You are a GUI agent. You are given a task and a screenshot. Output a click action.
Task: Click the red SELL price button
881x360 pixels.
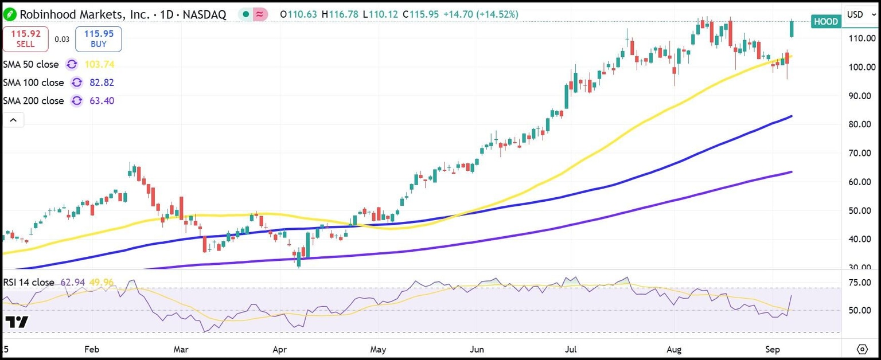[25, 39]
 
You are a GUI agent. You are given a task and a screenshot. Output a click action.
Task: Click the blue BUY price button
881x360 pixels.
[98, 39]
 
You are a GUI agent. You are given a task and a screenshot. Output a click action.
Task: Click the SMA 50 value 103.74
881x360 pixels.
[99, 64]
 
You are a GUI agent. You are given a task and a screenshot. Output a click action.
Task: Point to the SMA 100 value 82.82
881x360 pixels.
[102, 83]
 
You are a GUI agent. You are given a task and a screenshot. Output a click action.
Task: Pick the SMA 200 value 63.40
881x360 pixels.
[102, 101]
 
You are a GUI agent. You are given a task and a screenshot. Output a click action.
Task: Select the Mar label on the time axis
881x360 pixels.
[181, 349]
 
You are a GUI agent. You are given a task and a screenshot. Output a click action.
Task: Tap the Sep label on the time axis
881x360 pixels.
[772, 349]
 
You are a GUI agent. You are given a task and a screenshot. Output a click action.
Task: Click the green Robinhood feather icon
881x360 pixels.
[9, 14]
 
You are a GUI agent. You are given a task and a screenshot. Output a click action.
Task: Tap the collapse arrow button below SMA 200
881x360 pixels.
[13, 120]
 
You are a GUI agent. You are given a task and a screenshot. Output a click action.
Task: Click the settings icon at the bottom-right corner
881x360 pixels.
[862, 349]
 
